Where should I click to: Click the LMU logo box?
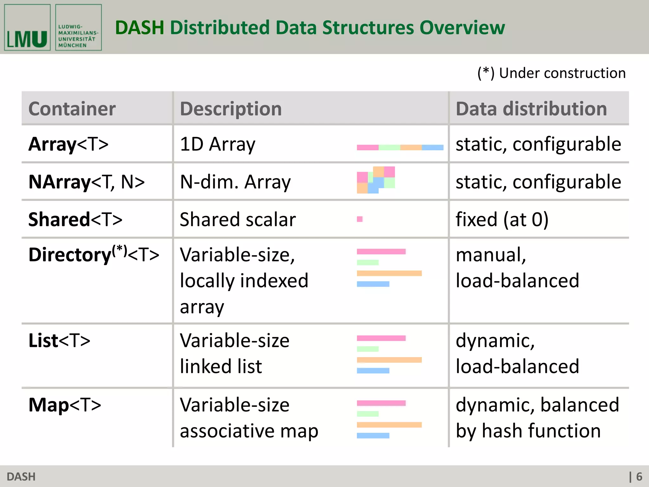(27, 28)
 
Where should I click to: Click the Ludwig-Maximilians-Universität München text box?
(78, 28)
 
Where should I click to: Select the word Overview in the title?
(462, 28)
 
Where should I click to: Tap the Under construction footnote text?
(551, 73)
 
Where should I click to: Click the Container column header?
(72, 109)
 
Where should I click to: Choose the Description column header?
(231, 109)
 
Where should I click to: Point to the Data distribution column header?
(531, 109)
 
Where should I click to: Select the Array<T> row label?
(68, 144)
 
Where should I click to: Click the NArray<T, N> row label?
(87, 182)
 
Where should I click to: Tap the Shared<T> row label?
(75, 219)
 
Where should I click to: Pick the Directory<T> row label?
(94, 255)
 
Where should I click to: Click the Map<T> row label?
(65, 405)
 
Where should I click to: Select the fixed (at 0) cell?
(502, 219)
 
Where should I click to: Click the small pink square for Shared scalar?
(360, 219)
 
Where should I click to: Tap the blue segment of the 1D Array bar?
(433, 147)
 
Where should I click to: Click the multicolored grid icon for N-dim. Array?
(376, 180)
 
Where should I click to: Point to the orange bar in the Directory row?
(389, 273)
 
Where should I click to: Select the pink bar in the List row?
(381, 338)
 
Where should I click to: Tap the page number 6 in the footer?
(639, 477)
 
